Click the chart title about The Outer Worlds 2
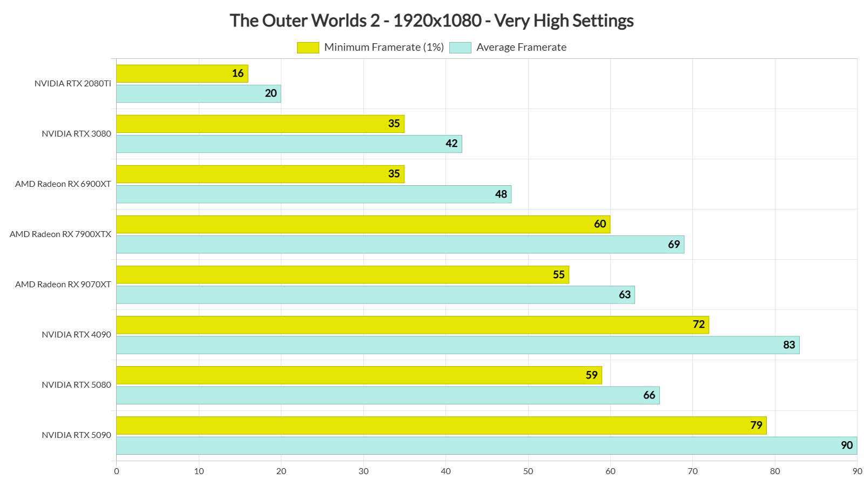click(431, 21)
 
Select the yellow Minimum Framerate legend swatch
click(308, 48)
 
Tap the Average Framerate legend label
click(521, 48)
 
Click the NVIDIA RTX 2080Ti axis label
click(73, 84)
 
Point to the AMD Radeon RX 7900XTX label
click(60, 234)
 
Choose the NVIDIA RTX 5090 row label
click(77, 435)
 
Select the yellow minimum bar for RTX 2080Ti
click(182, 73)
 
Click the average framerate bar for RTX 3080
click(289, 144)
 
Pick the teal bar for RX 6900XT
click(313, 194)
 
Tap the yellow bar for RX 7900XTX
click(363, 224)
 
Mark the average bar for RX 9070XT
click(375, 295)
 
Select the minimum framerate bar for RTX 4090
click(413, 325)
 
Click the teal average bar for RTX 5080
click(388, 395)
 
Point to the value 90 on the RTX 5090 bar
click(847, 446)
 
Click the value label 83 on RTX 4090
click(789, 345)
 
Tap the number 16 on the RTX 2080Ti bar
click(238, 73)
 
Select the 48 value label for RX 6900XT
click(501, 194)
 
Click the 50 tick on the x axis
click(528, 471)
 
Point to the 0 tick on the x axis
click(117, 471)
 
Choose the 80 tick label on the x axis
click(775, 471)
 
